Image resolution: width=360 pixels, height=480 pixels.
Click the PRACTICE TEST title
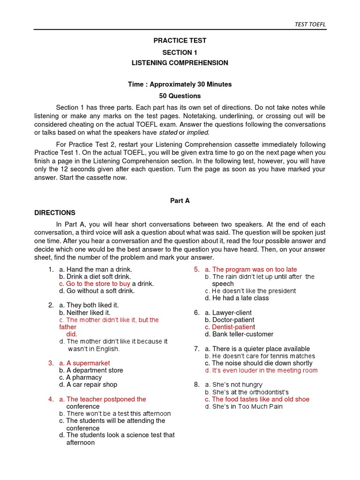(x=180, y=41)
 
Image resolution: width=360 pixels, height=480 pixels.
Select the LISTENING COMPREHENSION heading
(x=180, y=62)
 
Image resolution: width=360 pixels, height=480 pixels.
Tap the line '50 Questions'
(x=180, y=96)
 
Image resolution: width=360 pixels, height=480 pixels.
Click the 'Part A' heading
(x=180, y=200)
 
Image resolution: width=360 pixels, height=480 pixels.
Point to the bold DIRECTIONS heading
(x=55, y=212)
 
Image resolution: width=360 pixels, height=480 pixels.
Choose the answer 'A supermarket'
(x=88, y=363)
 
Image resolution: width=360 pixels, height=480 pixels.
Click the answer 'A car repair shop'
(x=92, y=384)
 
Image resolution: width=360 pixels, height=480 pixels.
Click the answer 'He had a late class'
(x=240, y=298)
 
